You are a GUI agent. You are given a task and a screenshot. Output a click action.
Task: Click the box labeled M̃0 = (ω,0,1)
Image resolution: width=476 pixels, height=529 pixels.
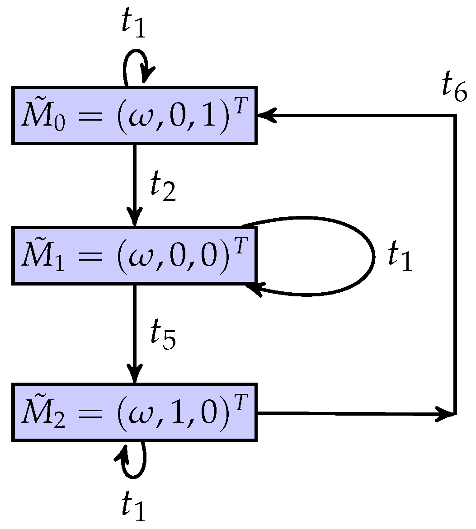tap(134, 115)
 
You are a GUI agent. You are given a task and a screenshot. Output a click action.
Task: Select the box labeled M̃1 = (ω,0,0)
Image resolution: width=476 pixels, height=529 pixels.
tap(134, 255)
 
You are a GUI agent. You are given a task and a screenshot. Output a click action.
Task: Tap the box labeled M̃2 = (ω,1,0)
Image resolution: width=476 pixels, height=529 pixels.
tap(134, 412)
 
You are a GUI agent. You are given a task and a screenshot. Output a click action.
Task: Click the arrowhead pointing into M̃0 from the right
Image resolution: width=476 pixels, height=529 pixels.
tap(266, 116)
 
